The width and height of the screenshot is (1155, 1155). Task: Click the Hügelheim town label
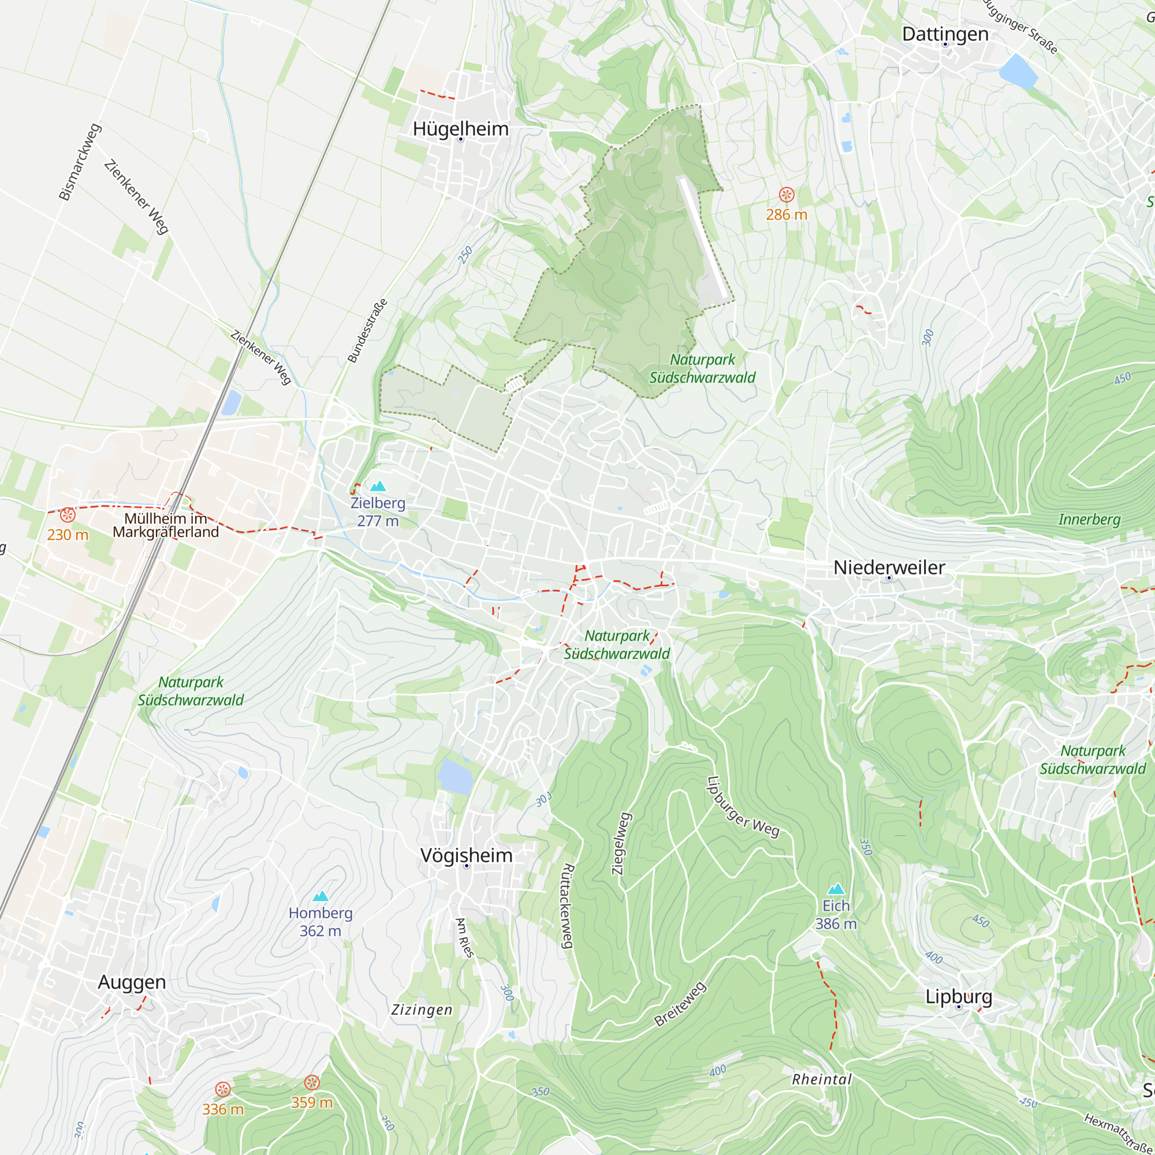click(460, 129)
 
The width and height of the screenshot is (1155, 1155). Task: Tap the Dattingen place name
click(945, 34)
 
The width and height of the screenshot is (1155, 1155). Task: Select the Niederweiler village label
click(889, 567)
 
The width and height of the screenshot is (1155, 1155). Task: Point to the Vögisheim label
click(466, 855)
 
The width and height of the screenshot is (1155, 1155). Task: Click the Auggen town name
click(132, 982)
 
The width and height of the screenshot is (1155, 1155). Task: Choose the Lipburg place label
click(959, 996)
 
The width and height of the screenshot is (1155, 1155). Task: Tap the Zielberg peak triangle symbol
click(378, 486)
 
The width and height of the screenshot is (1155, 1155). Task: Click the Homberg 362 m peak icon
click(321, 896)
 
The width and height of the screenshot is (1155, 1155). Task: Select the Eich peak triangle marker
click(836, 888)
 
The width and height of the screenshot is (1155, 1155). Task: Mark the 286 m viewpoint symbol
click(786, 194)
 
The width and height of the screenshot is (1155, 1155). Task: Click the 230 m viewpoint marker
click(68, 515)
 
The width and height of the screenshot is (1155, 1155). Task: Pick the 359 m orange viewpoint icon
click(311, 1082)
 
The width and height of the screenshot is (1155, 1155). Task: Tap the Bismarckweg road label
click(80, 162)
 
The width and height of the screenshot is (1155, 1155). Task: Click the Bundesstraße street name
click(367, 330)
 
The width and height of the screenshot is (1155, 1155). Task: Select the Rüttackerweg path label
click(567, 906)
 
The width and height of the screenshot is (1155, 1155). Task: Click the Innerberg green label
click(1089, 519)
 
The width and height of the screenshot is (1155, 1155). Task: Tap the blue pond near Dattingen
click(1018, 70)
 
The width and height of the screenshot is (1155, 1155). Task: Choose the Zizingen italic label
click(422, 1009)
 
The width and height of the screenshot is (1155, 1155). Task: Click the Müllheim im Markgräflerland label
click(166, 525)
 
